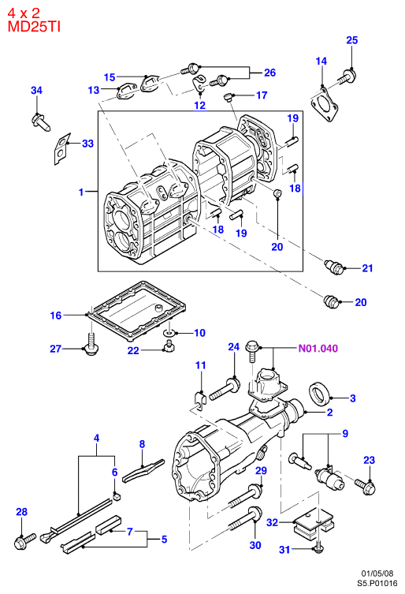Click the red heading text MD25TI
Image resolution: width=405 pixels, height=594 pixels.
(34, 27)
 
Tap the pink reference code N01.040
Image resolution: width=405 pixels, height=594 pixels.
(318, 348)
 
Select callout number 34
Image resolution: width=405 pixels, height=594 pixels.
(36, 90)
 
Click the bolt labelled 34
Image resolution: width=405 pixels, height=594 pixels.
(40, 122)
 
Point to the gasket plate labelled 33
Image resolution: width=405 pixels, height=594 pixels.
(61, 148)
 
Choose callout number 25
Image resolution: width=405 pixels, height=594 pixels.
(352, 40)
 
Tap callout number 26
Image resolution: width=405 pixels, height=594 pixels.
(269, 73)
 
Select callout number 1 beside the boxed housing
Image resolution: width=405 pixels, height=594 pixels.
(80, 192)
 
